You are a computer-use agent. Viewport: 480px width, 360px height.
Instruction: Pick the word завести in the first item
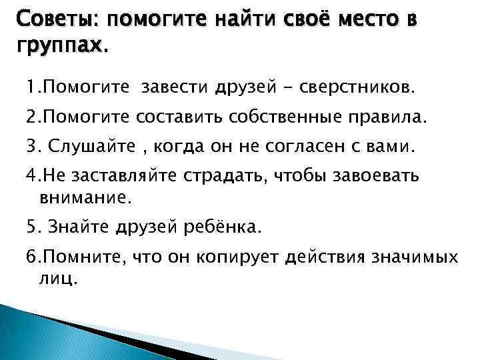(175, 87)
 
